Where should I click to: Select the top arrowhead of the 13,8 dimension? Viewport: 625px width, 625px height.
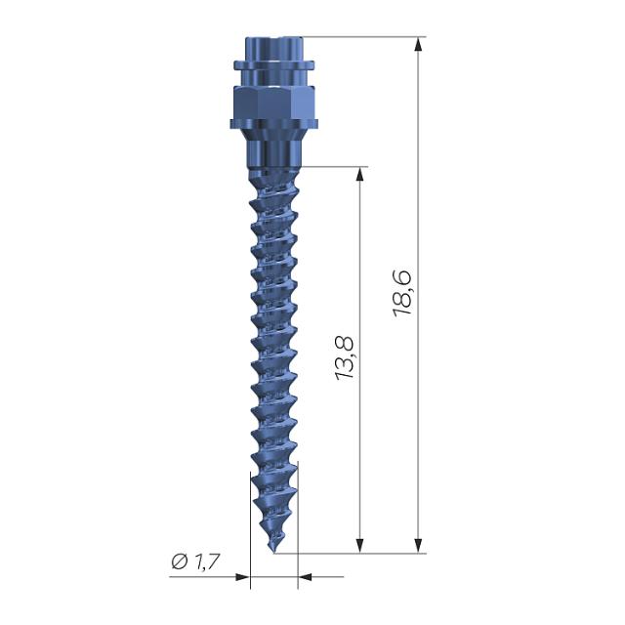pos(360,174)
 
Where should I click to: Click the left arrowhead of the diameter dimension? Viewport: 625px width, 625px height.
pos(243,576)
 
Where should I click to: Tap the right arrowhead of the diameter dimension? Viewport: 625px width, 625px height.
pos(305,576)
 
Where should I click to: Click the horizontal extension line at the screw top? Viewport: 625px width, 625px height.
pos(361,37)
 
